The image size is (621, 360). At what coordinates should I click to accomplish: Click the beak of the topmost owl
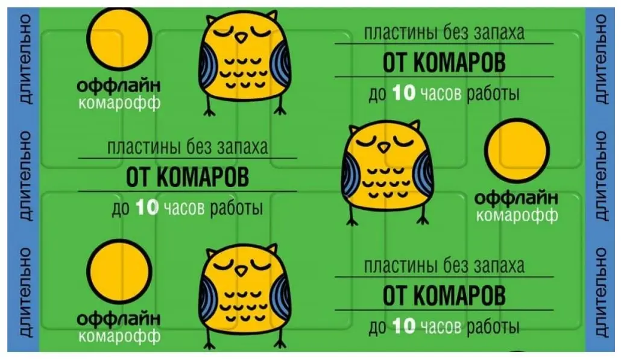pyautogui.click(x=241, y=37)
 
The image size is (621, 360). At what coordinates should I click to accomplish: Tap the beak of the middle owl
pyautogui.click(x=383, y=147)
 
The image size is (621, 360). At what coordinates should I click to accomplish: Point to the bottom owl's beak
pyautogui.click(x=241, y=271)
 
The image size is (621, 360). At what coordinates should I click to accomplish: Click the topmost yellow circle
pyautogui.click(x=119, y=38)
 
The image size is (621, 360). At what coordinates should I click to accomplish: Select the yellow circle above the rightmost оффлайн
pyautogui.click(x=517, y=151)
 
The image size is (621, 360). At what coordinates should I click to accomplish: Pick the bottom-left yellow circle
pyautogui.click(x=119, y=271)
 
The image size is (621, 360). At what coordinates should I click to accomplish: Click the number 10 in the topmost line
pyautogui.click(x=403, y=93)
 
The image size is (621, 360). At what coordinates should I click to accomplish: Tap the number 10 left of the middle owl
pyautogui.click(x=147, y=207)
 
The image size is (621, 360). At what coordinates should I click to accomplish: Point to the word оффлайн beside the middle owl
pyautogui.click(x=516, y=198)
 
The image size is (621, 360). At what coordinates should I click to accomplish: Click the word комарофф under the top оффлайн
pyautogui.click(x=119, y=103)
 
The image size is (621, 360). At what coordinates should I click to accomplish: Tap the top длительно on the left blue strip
pyautogui.click(x=25, y=60)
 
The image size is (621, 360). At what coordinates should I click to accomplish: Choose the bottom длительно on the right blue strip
pyautogui.click(x=600, y=292)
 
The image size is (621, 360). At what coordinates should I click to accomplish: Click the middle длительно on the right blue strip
pyautogui.click(x=600, y=176)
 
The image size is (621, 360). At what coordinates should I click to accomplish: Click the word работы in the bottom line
pyautogui.click(x=493, y=327)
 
